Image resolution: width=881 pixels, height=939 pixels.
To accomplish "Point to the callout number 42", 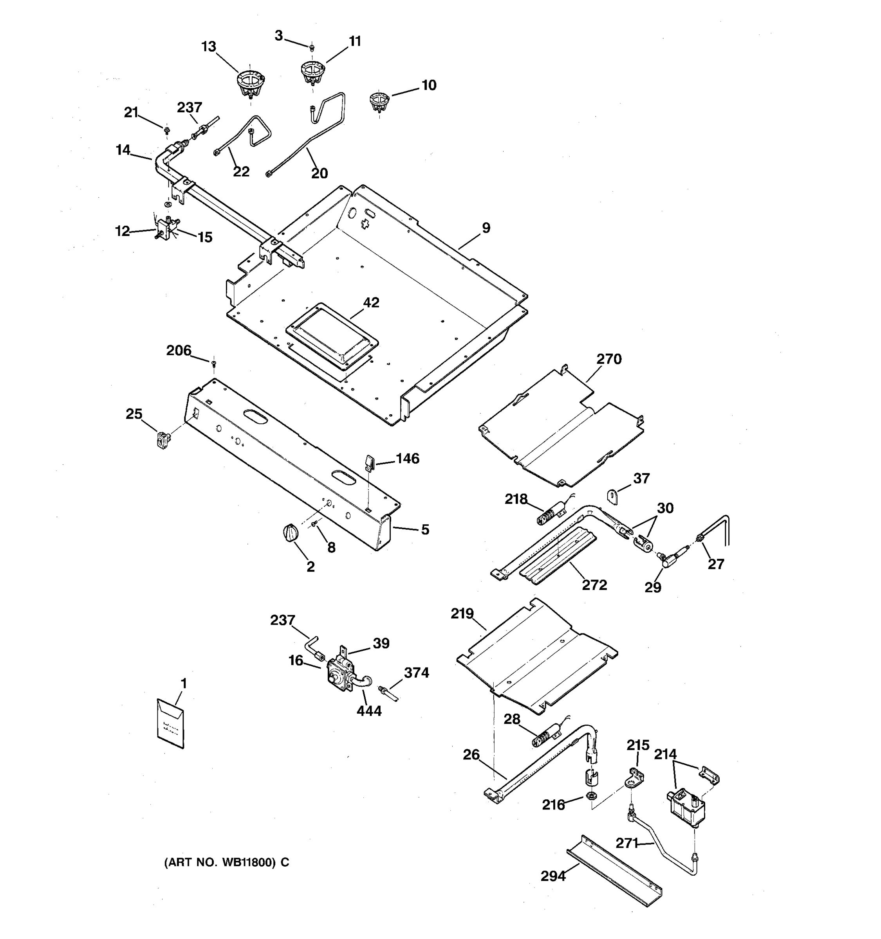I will [x=371, y=302].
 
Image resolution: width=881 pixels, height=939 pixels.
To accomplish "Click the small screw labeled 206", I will [x=214, y=363].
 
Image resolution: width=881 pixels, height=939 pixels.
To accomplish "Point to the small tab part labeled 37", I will [x=612, y=497].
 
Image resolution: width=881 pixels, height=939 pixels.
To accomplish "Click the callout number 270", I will [x=609, y=359].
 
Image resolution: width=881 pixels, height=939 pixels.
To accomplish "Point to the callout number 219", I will [x=462, y=613].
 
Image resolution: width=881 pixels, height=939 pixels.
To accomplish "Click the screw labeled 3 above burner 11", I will [x=311, y=47].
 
